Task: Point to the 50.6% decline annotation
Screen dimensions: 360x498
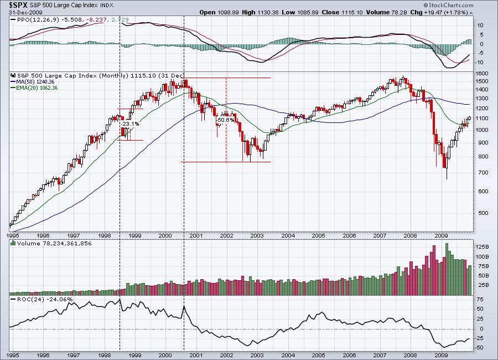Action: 224,120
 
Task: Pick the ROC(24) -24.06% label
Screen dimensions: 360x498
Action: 38,299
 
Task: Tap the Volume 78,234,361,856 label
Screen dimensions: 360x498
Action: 53,243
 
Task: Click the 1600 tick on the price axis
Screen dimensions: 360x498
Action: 481,73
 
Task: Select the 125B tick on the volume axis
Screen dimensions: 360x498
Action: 483,246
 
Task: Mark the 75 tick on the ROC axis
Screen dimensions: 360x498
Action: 480,299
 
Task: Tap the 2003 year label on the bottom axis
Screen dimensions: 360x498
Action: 256,353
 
